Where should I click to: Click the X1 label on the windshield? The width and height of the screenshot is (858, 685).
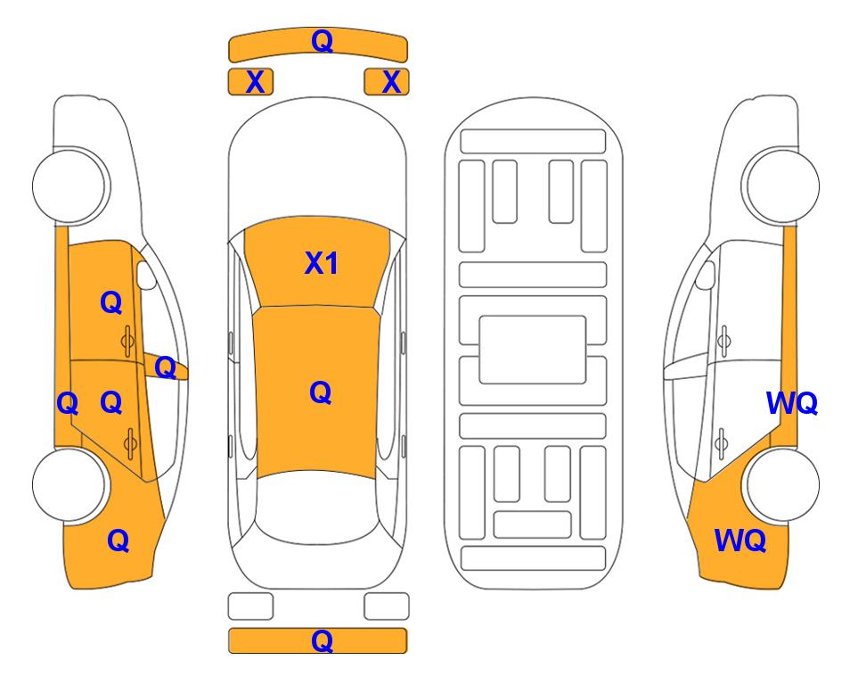[322, 263]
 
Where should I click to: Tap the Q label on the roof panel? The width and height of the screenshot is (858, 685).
[321, 392]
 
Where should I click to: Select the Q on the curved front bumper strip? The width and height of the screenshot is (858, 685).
[323, 40]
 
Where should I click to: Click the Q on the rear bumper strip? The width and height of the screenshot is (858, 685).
[323, 640]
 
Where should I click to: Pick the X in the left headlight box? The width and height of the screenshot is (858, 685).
[256, 82]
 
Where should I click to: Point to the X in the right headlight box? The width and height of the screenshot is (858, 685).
[391, 82]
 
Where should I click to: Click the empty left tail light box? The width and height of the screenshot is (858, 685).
[250, 607]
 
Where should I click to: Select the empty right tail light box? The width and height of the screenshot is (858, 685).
[387, 607]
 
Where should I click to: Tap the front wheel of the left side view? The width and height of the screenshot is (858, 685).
[70, 185]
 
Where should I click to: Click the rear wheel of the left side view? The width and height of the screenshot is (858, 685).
[70, 485]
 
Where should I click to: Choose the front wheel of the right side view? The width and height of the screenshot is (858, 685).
[780, 186]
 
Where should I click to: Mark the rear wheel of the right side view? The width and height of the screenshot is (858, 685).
[781, 485]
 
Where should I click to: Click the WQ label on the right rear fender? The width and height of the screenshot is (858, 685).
[740, 541]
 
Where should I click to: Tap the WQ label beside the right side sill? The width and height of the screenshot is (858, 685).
[792, 403]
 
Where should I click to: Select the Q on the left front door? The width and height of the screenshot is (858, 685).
[111, 302]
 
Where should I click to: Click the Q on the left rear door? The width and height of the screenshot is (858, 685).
[111, 403]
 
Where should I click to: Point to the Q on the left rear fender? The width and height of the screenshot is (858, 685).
[118, 541]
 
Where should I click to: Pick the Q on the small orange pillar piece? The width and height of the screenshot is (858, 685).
[165, 367]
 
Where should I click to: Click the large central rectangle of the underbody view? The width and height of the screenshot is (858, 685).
[533, 350]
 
